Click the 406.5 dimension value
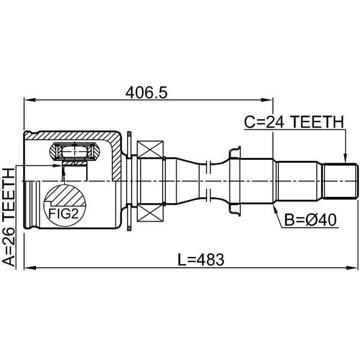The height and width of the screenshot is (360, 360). click(146, 92)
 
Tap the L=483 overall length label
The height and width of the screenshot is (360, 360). click(201, 260)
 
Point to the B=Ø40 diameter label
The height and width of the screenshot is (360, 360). click(310, 220)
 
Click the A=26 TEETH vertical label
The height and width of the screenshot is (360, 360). click(8, 218)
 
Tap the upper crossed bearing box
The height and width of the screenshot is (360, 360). click(150, 149)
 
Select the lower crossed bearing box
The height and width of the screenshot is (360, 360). click(150, 213)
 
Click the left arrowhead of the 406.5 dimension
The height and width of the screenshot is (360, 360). click(30, 100)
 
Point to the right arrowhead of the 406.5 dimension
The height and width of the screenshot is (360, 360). click(267, 100)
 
